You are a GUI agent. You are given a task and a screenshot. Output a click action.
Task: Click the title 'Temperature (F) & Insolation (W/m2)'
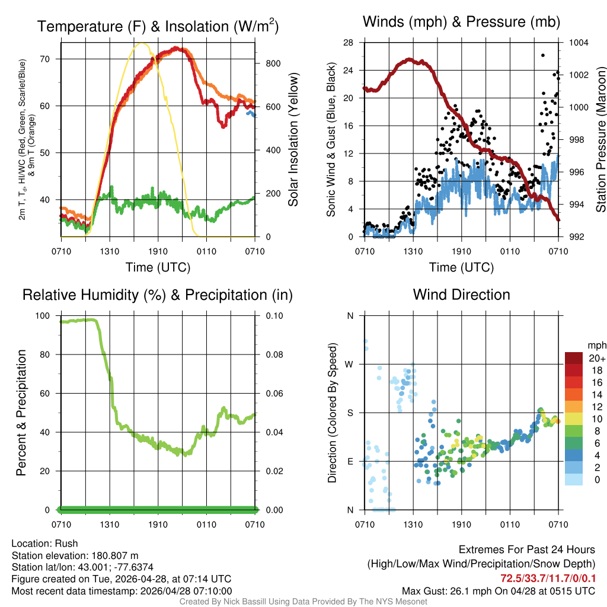pos(158,27)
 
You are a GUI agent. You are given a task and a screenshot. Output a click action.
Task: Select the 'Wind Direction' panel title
pos(461,295)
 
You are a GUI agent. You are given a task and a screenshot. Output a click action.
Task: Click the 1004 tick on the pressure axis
pos(578,43)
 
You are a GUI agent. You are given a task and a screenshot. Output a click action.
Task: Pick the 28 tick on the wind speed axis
pos(349,43)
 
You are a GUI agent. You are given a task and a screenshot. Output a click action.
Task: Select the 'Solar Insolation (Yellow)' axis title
pos(293,140)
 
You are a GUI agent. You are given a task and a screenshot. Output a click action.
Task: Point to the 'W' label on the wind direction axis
pos(350,365)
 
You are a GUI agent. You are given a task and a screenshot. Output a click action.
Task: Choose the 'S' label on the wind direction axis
pos(350,413)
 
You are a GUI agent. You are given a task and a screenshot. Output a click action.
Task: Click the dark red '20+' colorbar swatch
pos(574,358)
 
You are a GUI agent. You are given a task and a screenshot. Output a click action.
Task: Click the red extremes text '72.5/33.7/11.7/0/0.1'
pos(548,579)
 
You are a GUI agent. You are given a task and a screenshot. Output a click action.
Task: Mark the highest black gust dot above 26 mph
pos(543,55)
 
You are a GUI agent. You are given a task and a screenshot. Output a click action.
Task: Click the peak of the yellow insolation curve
pos(140,43)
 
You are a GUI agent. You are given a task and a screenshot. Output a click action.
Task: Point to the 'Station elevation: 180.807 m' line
pos(75,555)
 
